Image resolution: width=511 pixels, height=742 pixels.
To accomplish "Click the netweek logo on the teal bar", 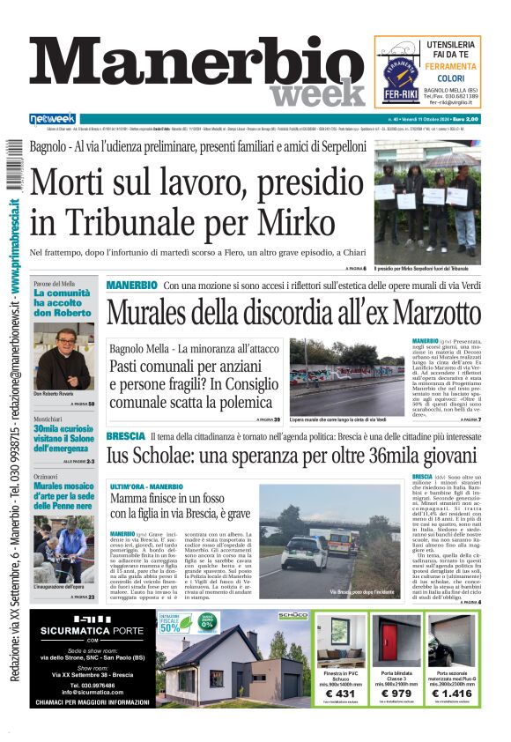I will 52,119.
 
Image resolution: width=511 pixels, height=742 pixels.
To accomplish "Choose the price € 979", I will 397,694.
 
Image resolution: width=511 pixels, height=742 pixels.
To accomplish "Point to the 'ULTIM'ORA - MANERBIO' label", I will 146,486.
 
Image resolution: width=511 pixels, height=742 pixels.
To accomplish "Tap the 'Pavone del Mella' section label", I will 55,284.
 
